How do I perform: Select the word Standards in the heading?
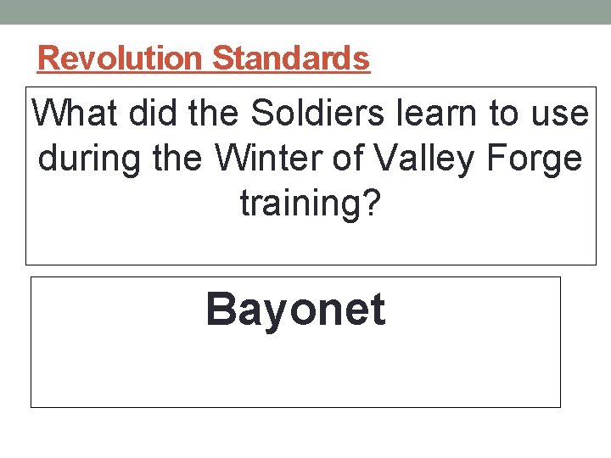(x=291, y=59)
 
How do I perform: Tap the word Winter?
(x=255, y=158)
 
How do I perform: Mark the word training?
(x=296, y=203)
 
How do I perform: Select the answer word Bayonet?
(x=295, y=310)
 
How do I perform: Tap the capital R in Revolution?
(x=48, y=59)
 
